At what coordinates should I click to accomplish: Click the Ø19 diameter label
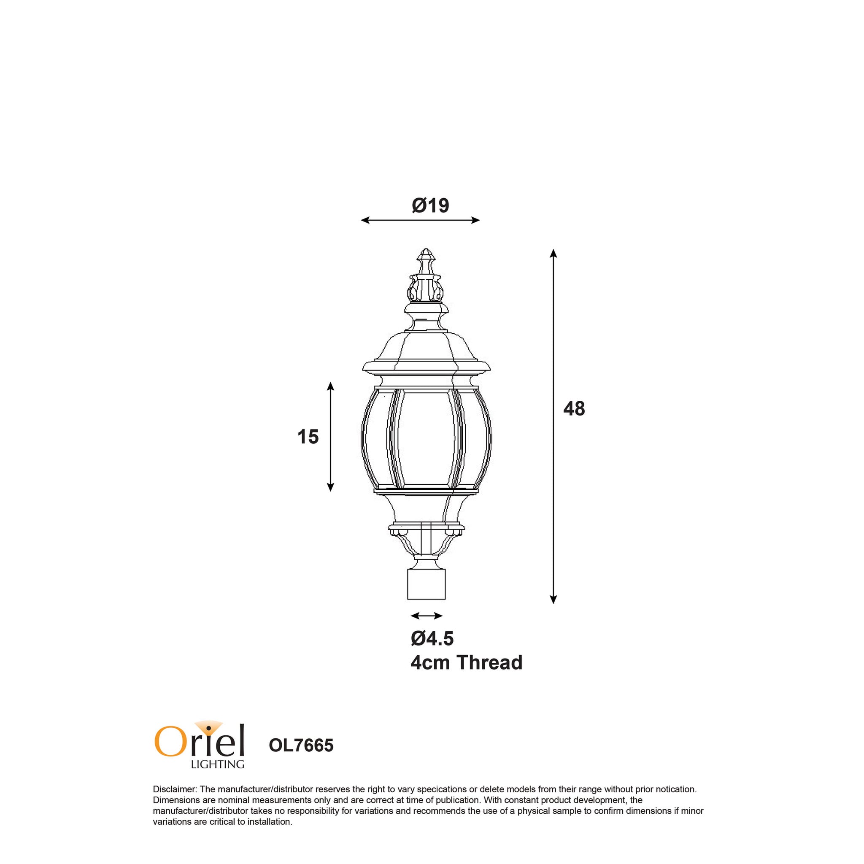[430, 205]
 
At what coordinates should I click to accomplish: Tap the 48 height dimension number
[574, 409]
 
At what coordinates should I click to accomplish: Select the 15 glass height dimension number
[308, 437]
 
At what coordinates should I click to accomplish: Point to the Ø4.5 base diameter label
[432, 639]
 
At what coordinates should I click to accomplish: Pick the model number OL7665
[301, 745]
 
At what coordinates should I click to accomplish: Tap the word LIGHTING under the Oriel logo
[217, 764]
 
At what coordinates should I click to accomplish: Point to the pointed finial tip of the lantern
[426, 249]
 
